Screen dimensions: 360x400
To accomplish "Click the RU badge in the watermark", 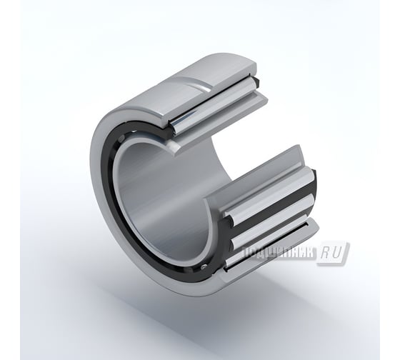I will (x=333, y=252).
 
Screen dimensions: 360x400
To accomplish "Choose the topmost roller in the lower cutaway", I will (x=268, y=189).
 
